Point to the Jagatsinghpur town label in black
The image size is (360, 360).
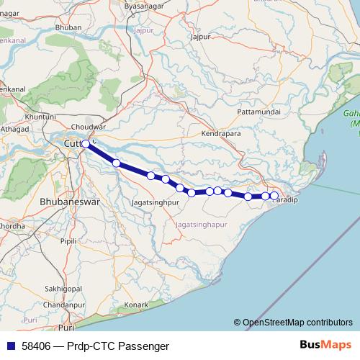(155, 203)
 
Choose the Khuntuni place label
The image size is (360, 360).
(40, 116)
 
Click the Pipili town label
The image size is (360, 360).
(69, 241)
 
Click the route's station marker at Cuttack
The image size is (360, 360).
(86, 144)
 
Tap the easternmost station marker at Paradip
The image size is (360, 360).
(274, 196)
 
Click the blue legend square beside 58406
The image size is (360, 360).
(11, 346)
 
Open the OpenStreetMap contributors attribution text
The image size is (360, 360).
(297, 323)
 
